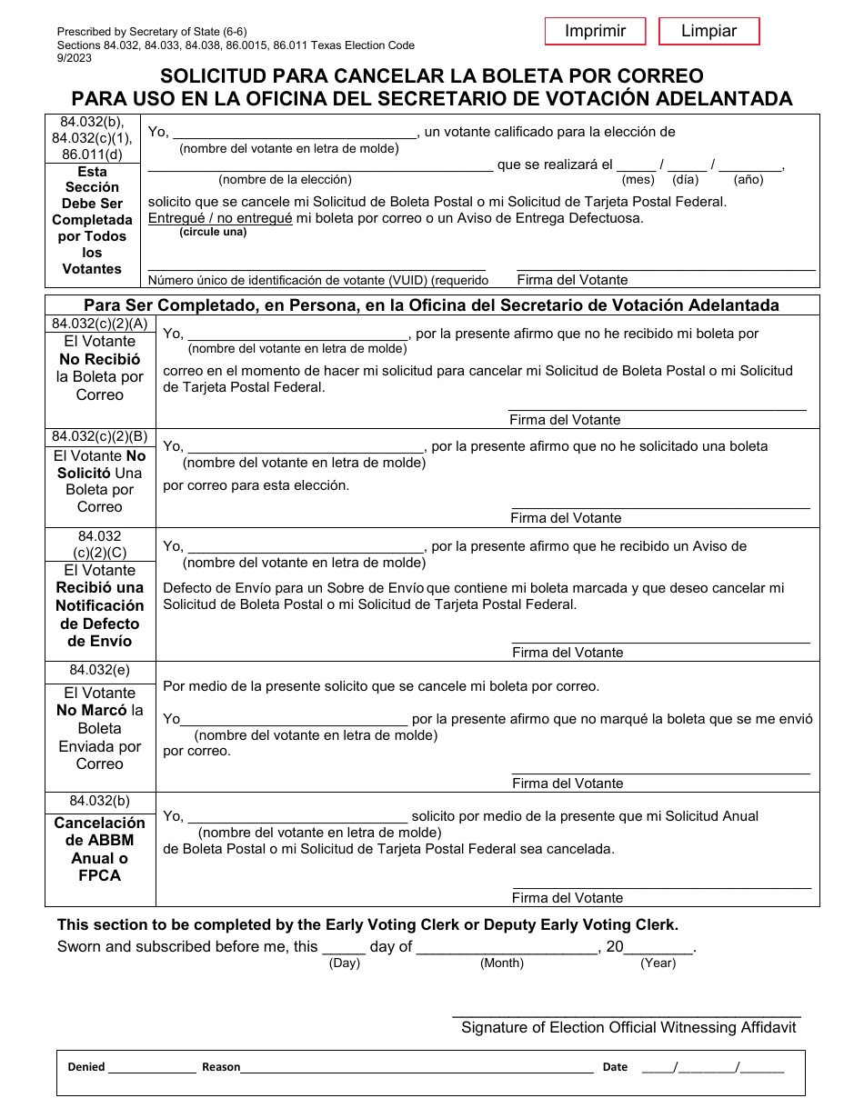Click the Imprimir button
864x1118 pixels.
(x=595, y=31)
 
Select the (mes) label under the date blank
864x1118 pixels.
(x=638, y=180)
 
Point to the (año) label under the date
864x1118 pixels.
(x=748, y=180)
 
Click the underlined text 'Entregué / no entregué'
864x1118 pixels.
(x=220, y=218)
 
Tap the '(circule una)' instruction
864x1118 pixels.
(x=213, y=233)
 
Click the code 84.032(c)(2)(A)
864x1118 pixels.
(x=100, y=324)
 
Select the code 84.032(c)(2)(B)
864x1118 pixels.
(x=100, y=436)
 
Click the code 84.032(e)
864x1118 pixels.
(x=100, y=671)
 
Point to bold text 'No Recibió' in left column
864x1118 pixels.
(x=100, y=359)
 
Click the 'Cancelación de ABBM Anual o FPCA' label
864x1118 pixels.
(x=100, y=849)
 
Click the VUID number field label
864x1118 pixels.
(x=318, y=281)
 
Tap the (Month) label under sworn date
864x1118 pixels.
(x=502, y=963)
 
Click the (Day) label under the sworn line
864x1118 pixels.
(x=345, y=963)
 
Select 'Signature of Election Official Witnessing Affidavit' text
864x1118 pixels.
(x=628, y=1027)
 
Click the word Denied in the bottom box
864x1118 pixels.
(x=86, y=1067)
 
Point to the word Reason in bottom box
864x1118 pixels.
(x=221, y=1067)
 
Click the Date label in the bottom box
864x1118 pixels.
(x=615, y=1067)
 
